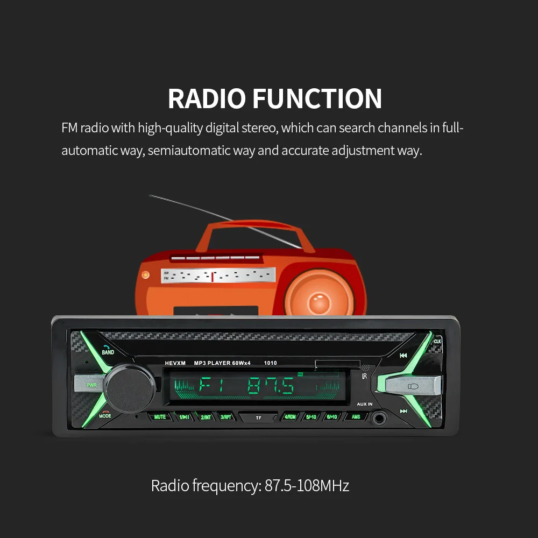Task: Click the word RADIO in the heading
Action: [207, 99]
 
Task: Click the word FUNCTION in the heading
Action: [317, 99]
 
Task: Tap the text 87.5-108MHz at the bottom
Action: [307, 486]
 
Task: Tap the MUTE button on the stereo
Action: [160, 417]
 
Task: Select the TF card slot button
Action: [258, 417]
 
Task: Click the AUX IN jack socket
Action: [381, 417]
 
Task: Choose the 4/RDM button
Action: [290, 417]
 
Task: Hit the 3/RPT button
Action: [226, 417]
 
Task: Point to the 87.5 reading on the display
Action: [270, 386]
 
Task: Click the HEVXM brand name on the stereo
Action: [175, 363]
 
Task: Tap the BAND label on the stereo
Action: [108, 352]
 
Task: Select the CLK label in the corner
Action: [437, 342]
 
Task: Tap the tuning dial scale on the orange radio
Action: [218, 276]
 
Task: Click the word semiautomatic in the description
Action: [189, 151]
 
